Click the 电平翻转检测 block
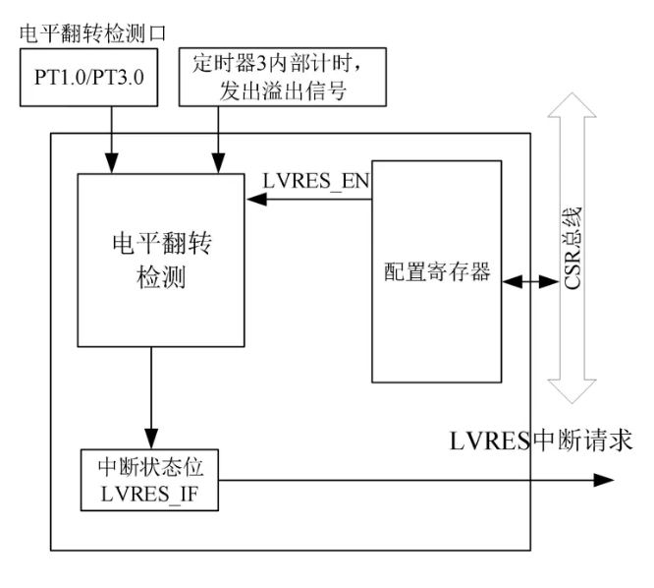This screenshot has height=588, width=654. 160,261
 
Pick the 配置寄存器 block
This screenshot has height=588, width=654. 436,270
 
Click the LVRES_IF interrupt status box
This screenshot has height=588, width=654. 149,480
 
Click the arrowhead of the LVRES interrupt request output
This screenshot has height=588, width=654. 602,481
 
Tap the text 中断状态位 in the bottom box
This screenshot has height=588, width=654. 148,465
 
